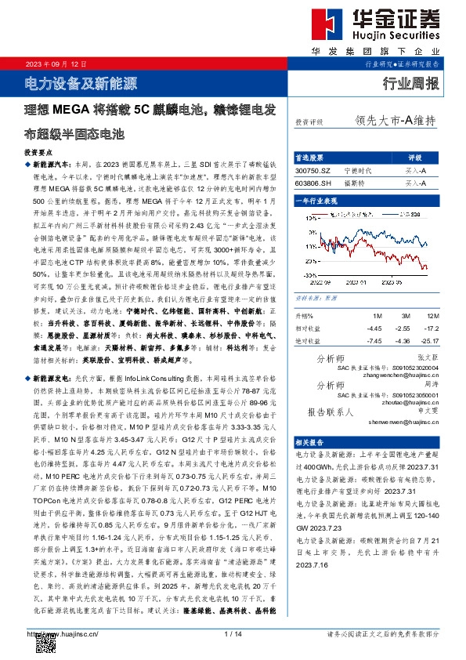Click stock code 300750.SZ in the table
pyautogui.click(x=313, y=169)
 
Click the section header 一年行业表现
pyautogui.click(x=316, y=201)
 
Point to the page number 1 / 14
pyautogui.click(x=233, y=633)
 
